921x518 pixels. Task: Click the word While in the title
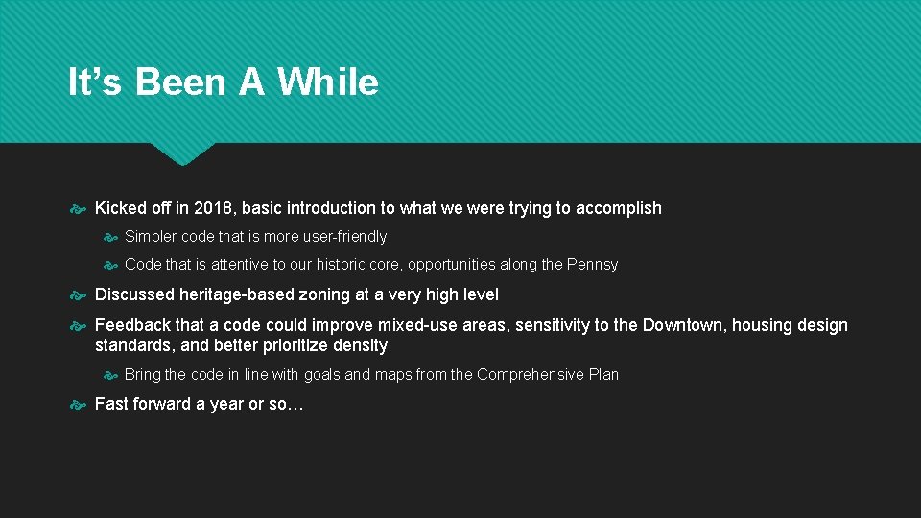(x=328, y=82)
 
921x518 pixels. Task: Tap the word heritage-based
(x=234, y=294)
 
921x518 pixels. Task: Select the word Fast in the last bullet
(x=111, y=404)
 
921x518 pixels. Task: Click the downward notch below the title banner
(x=182, y=153)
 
